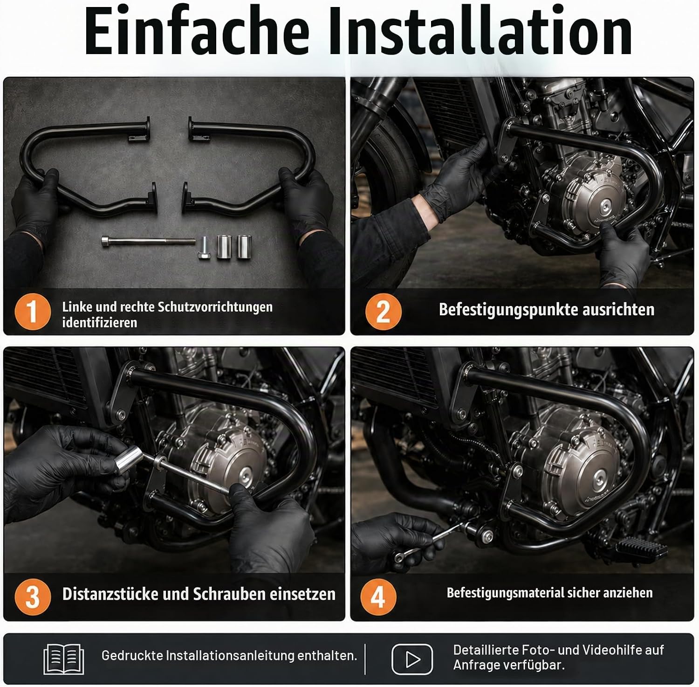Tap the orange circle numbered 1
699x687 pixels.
tap(32, 312)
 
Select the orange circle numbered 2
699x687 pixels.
tap(383, 312)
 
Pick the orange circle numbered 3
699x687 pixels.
tap(32, 597)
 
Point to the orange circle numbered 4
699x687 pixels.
tap(378, 597)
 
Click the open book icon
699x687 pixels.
tap(64, 659)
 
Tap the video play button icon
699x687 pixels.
tap(412, 659)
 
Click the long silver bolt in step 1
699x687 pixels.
tap(148, 242)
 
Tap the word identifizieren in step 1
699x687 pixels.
tap(100, 322)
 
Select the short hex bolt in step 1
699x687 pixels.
tap(204, 248)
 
